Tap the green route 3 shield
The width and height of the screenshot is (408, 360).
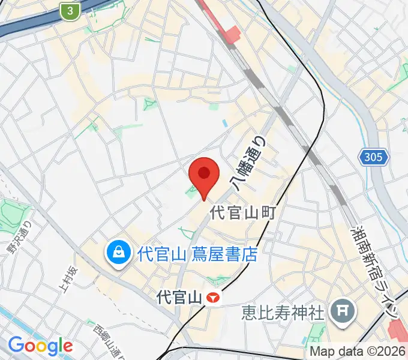click(x=71, y=10)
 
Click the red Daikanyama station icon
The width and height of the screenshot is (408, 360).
click(x=211, y=297)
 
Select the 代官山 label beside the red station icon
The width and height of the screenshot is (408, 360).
click(x=179, y=296)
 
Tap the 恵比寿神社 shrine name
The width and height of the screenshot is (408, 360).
click(x=283, y=312)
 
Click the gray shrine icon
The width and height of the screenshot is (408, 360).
click(x=345, y=310)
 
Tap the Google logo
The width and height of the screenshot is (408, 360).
click(x=40, y=346)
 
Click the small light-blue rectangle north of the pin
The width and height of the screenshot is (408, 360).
click(x=224, y=122)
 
